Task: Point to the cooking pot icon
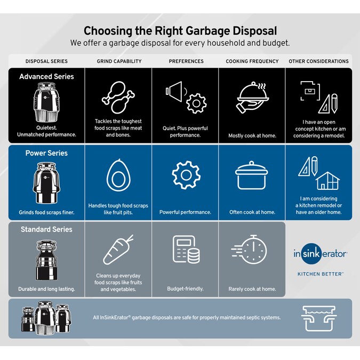[252, 176]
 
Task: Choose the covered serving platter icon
[252, 99]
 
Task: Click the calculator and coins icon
[185, 251]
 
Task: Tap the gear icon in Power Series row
[185, 175]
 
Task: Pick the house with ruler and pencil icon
[318, 174]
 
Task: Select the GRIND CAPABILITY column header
[119, 61]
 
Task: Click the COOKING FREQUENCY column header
[252, 61]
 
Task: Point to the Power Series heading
[46, 153]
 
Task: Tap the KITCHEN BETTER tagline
[320, 274]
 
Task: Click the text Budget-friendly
[185, 289]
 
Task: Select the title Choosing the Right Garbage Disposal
[180, 30]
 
